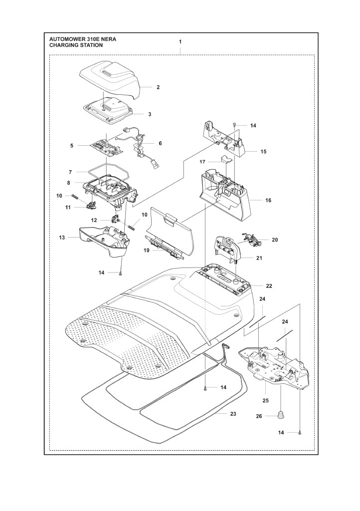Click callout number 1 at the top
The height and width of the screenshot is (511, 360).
[180, 42]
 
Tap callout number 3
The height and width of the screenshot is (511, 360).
[149, 114]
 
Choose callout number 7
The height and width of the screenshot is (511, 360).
[71, 172]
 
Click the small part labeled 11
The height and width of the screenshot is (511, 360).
[91, 204]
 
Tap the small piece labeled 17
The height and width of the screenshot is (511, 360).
[225, 159]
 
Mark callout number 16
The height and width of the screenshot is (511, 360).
[268, 200]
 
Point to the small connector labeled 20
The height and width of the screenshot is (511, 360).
[254, 240]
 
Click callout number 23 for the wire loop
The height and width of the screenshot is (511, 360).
[232, 414]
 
